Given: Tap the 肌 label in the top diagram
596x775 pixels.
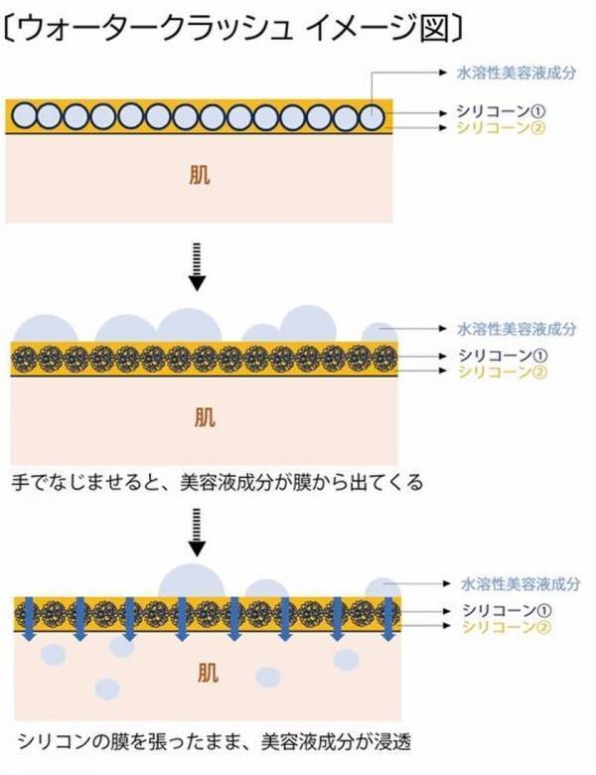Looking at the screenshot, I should click(199, 175).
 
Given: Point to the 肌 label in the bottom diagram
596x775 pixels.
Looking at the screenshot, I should click(199, 672).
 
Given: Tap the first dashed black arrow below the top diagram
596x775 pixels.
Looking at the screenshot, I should click(199, 266).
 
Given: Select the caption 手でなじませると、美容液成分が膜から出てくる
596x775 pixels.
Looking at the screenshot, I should click(219, 484).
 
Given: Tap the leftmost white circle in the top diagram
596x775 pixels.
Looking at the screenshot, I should click(27, 117).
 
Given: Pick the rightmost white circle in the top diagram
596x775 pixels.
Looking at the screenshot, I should click(372, 117).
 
